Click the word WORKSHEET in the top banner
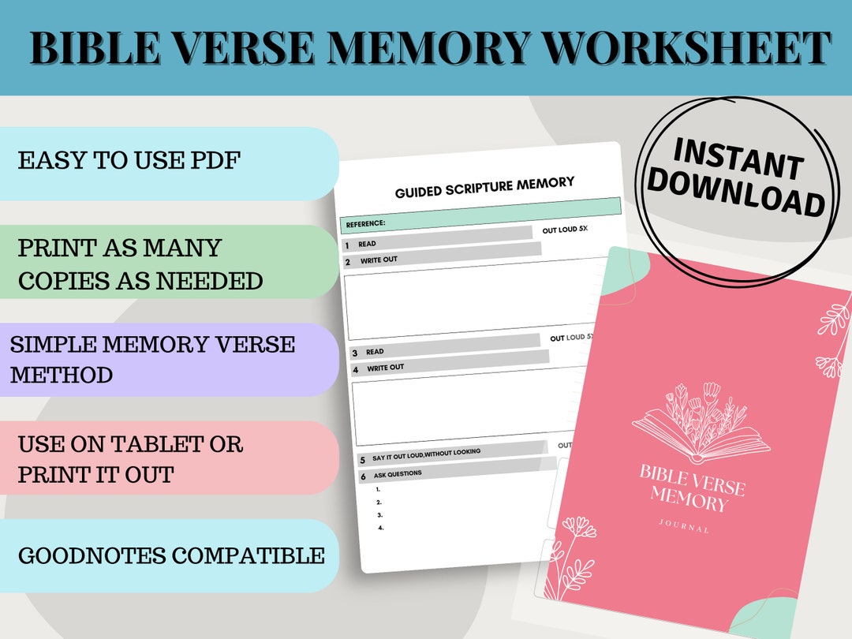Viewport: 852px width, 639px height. [x=686, y=49]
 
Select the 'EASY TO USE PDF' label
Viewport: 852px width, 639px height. [x=129, y=161]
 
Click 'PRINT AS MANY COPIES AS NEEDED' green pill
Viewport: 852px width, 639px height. [x=140, y=263]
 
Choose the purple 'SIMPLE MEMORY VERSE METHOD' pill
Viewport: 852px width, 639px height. [x=153, y=359]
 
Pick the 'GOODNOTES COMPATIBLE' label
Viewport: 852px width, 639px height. [x=170, y=555]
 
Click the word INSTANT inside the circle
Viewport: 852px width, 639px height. [x=738, y=157]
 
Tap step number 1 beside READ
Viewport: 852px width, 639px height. [x=347, y=245]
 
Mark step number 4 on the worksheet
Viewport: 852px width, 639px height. [x=356, y=369]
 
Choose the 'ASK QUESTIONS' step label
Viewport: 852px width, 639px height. [x=398, y=474]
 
